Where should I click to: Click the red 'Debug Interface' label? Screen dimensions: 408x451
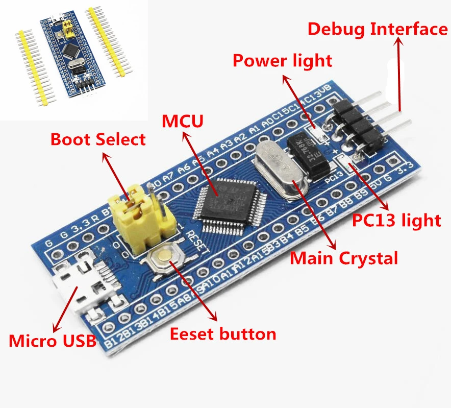[x=378, y=29]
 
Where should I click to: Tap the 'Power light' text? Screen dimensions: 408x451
[x=282, y=60]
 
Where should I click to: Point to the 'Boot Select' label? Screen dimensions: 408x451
[x=98, y=139]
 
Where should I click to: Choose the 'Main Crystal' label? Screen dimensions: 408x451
[x=344, y=258]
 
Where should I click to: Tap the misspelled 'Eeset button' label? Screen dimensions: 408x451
[x=222, y=334]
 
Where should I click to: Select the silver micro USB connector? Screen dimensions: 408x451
[x=77, y=287]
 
